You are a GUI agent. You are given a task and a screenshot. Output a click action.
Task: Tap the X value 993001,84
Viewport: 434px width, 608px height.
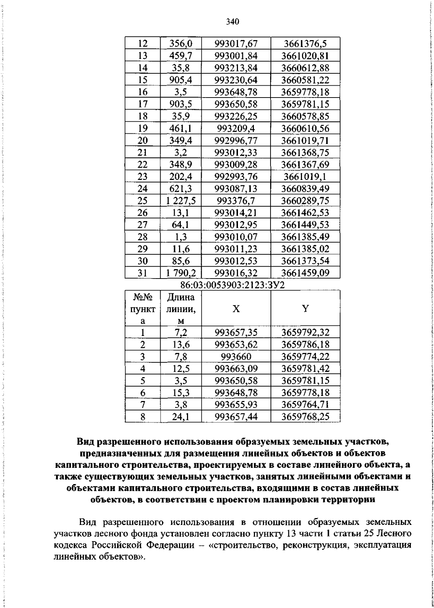click(x=236, y=56)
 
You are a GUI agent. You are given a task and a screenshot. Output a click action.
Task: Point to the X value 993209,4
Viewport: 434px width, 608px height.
click(x=236, y=129)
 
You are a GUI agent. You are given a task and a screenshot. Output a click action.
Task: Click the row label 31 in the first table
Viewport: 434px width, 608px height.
click(x=143, y=273)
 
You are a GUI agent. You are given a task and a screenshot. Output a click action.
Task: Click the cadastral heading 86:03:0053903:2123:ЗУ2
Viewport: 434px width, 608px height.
click(x=233, y=285)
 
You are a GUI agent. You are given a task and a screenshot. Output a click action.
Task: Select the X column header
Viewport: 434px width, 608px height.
click(x=236, y=309)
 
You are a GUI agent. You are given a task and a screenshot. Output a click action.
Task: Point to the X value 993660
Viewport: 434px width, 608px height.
click(x=236, y=357)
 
